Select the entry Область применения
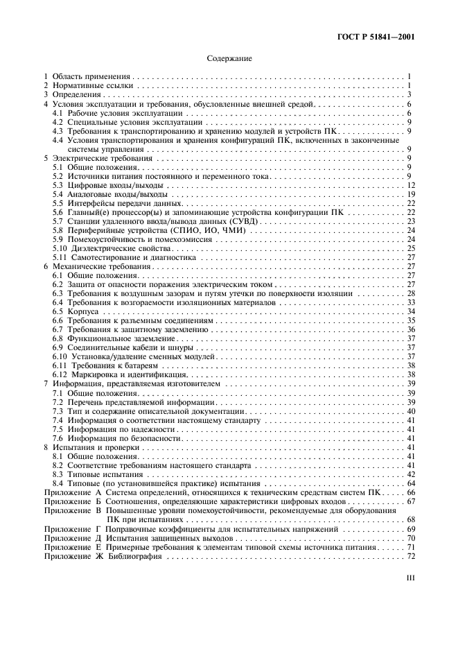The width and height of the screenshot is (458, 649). [93, 76]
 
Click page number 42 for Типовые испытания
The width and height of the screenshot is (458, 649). [410, 474]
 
